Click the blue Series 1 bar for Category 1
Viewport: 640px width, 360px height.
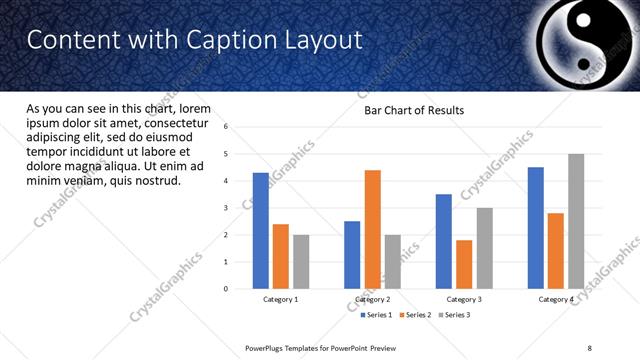point(261,231)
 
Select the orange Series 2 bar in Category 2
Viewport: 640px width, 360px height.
point(372,229)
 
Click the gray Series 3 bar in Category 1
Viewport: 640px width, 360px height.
point(301,262)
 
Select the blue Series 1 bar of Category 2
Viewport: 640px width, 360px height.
point(352,255)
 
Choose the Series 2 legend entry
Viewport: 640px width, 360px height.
point(416,315)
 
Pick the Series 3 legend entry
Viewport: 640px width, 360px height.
point(455,315)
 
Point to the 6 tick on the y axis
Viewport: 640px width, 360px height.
point(226,127)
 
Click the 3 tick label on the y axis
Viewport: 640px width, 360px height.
point(226,208)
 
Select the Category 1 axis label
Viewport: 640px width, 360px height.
point(281,299)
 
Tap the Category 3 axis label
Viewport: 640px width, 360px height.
point(464,299)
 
